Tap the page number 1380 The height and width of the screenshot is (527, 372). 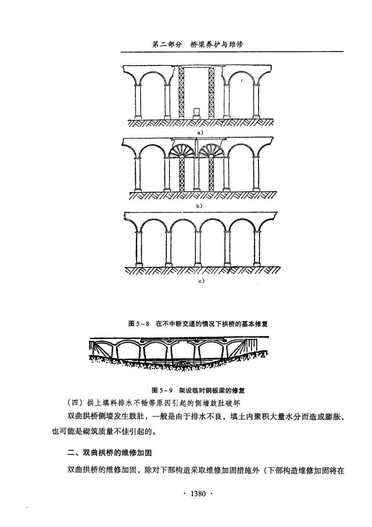tap(198, 494)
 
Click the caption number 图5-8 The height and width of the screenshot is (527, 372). tap(139, 324)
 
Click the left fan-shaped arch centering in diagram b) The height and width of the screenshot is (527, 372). tap(181, 151)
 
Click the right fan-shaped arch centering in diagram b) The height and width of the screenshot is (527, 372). tap(211, 151)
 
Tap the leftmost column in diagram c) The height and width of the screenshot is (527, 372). tap(137, 249)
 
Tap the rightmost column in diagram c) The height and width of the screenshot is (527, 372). tap(257, 249)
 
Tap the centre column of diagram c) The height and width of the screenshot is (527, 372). tap(197, 249)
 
